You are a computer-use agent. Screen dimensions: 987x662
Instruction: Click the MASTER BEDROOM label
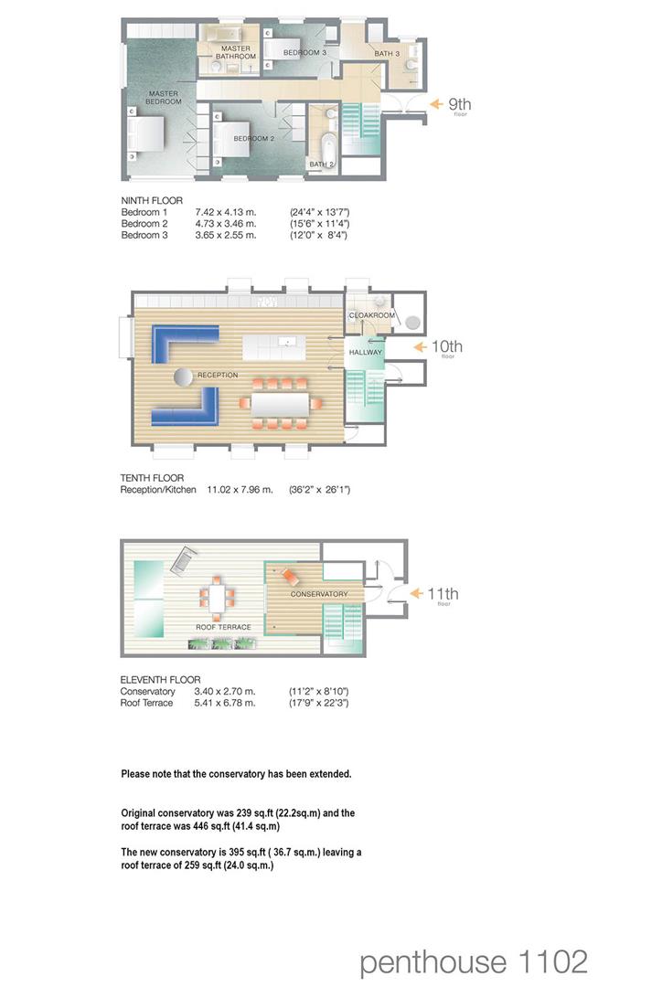165,97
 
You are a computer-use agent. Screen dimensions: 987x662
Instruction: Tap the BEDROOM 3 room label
304,53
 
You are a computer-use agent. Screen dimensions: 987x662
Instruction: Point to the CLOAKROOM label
371,315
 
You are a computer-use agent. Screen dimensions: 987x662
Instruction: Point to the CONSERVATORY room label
318,594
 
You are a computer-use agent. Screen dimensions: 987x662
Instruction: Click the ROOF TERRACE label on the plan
223,627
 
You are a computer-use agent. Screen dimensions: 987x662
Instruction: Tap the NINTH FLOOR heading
152,201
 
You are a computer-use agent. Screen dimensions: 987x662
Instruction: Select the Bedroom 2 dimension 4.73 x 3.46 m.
226,223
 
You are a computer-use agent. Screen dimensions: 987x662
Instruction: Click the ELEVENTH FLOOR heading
160,680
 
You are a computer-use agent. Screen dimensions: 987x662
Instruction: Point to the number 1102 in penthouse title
550,961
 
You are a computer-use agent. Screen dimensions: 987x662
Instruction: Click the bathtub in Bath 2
329,144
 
